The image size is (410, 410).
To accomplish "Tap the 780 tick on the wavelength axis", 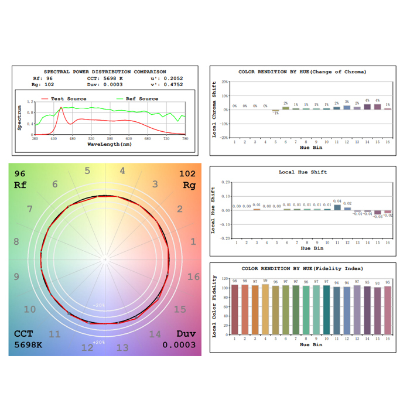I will tap(184, 138).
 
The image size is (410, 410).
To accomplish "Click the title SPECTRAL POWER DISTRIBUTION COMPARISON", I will tap(105, 71).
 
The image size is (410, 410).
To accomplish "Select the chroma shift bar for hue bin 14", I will tap(368, 107).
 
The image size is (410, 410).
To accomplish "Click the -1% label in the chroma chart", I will tap(275, 112).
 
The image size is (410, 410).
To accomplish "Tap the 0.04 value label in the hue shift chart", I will tap(337, 201).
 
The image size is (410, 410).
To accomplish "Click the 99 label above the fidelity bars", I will tap(265, 281).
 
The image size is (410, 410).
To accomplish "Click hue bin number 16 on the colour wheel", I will tap(193, 276).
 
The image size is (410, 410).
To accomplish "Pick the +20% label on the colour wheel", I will tap(98, 341).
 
